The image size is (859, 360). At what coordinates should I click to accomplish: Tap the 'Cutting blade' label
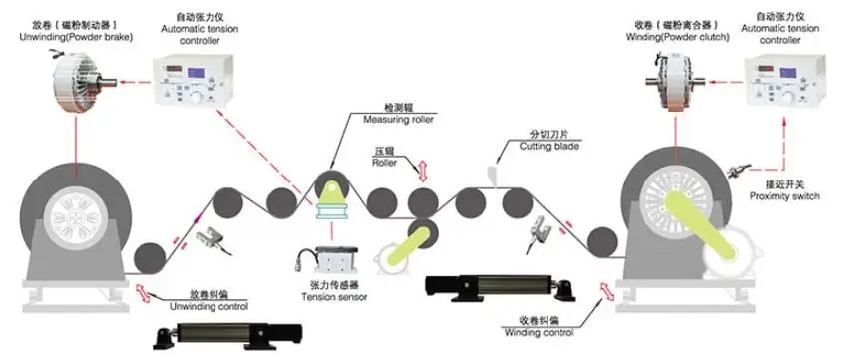click(548, 146)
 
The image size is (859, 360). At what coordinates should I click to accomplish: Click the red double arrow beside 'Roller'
click(422, 169)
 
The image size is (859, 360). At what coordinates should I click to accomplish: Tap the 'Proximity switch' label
click(785, 196)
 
